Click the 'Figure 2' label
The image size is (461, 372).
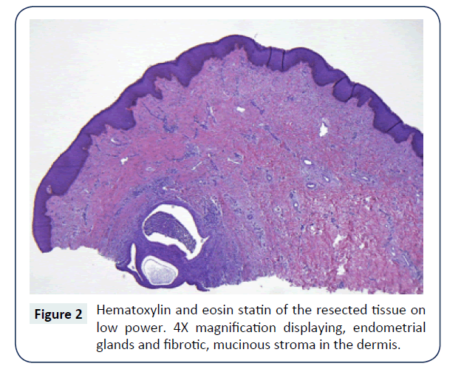coord(58,314)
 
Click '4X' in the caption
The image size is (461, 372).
coord(181,328)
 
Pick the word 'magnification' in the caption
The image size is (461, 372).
coord(236,328)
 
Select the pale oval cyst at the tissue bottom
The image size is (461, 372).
coord(159,271)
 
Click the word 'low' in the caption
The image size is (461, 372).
coord(107,328)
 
